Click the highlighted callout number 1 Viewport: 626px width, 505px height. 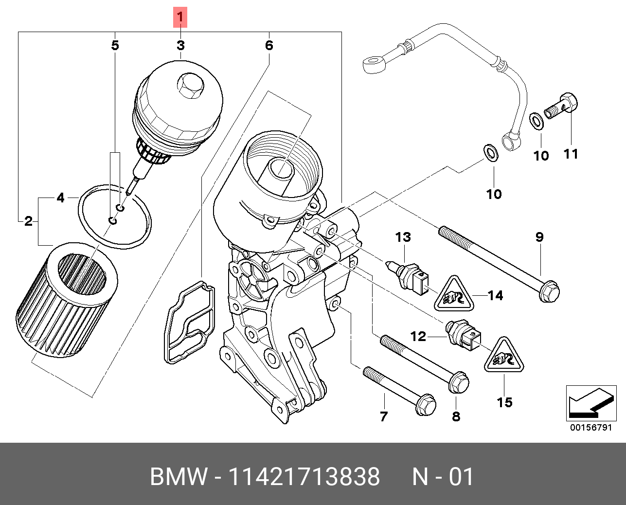[180, 17]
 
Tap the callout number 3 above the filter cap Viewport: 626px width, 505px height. [180, 46]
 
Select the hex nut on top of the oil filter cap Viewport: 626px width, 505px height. [190, 86]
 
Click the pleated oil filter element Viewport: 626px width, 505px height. [67, 300]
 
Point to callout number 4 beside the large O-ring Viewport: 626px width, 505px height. [60, 198]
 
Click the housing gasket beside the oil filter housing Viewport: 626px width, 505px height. [190, 322]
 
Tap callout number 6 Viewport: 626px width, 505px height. [269, 45]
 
